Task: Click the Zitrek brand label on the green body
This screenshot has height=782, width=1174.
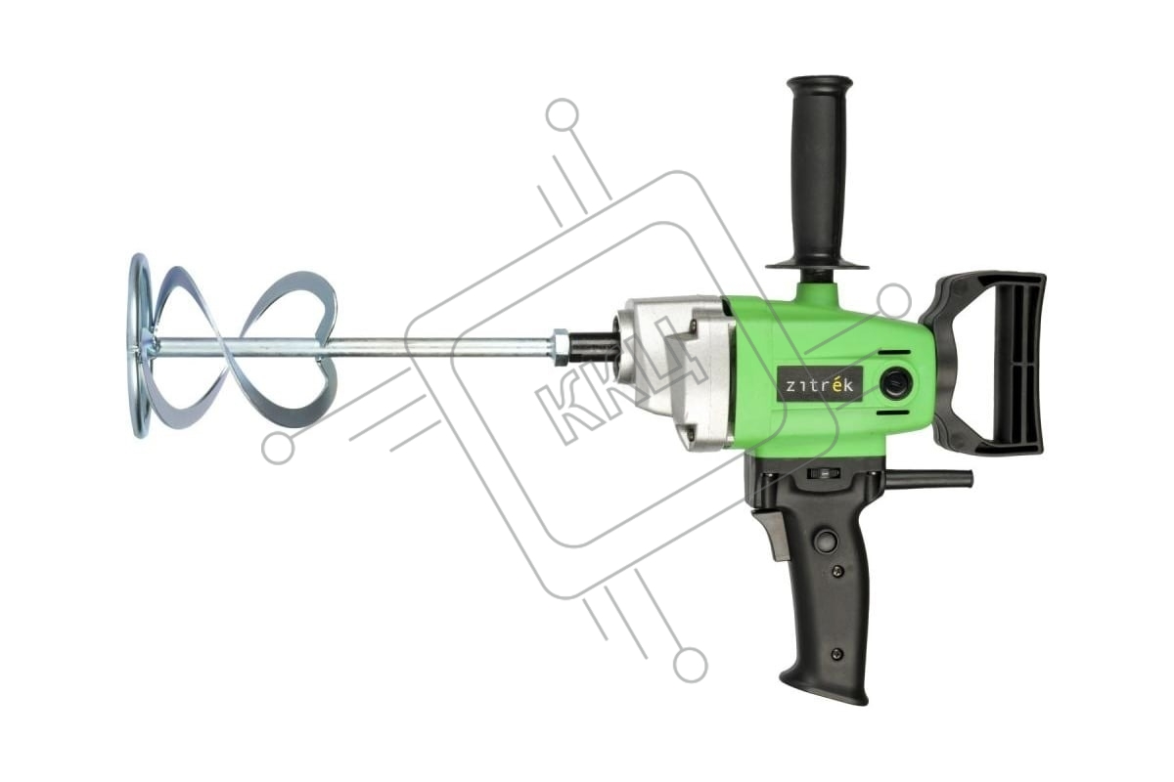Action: point(819,384)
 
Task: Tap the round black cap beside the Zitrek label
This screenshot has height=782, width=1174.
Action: point(897,382)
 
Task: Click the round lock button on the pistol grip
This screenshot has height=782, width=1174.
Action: point(827,540)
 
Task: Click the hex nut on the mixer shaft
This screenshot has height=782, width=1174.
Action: point(561,347)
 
